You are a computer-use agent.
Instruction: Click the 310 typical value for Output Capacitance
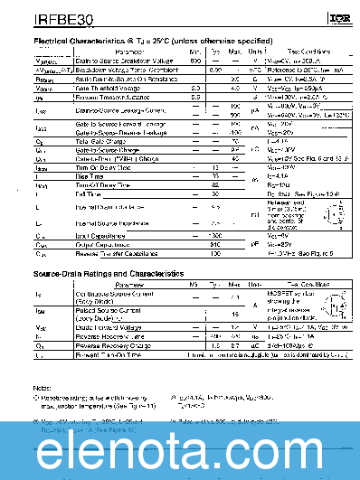point(214,244)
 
